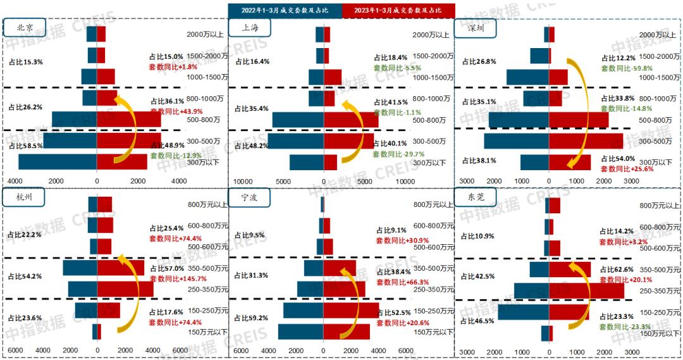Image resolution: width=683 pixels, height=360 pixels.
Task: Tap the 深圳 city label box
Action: (x=477, y=28)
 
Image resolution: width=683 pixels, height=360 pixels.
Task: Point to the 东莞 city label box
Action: (x=477, y=198)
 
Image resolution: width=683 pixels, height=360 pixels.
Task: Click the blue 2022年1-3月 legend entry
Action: (x=285, y=10)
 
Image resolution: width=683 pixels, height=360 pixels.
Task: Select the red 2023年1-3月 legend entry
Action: (x=398, y=10)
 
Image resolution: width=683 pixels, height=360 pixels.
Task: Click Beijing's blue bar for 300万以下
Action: (x=58, y=162)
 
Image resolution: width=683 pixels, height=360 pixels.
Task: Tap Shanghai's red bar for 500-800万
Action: (x=351, y=120)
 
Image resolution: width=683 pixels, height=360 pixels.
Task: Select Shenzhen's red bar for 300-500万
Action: (x=586, y=141)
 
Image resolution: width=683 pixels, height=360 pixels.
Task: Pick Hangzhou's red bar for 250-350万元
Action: (x=125, y=289)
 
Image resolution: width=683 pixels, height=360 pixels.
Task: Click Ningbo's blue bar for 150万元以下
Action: (x=300, y=332)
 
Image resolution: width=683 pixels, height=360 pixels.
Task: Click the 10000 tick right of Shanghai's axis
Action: (x=405, y=181)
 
